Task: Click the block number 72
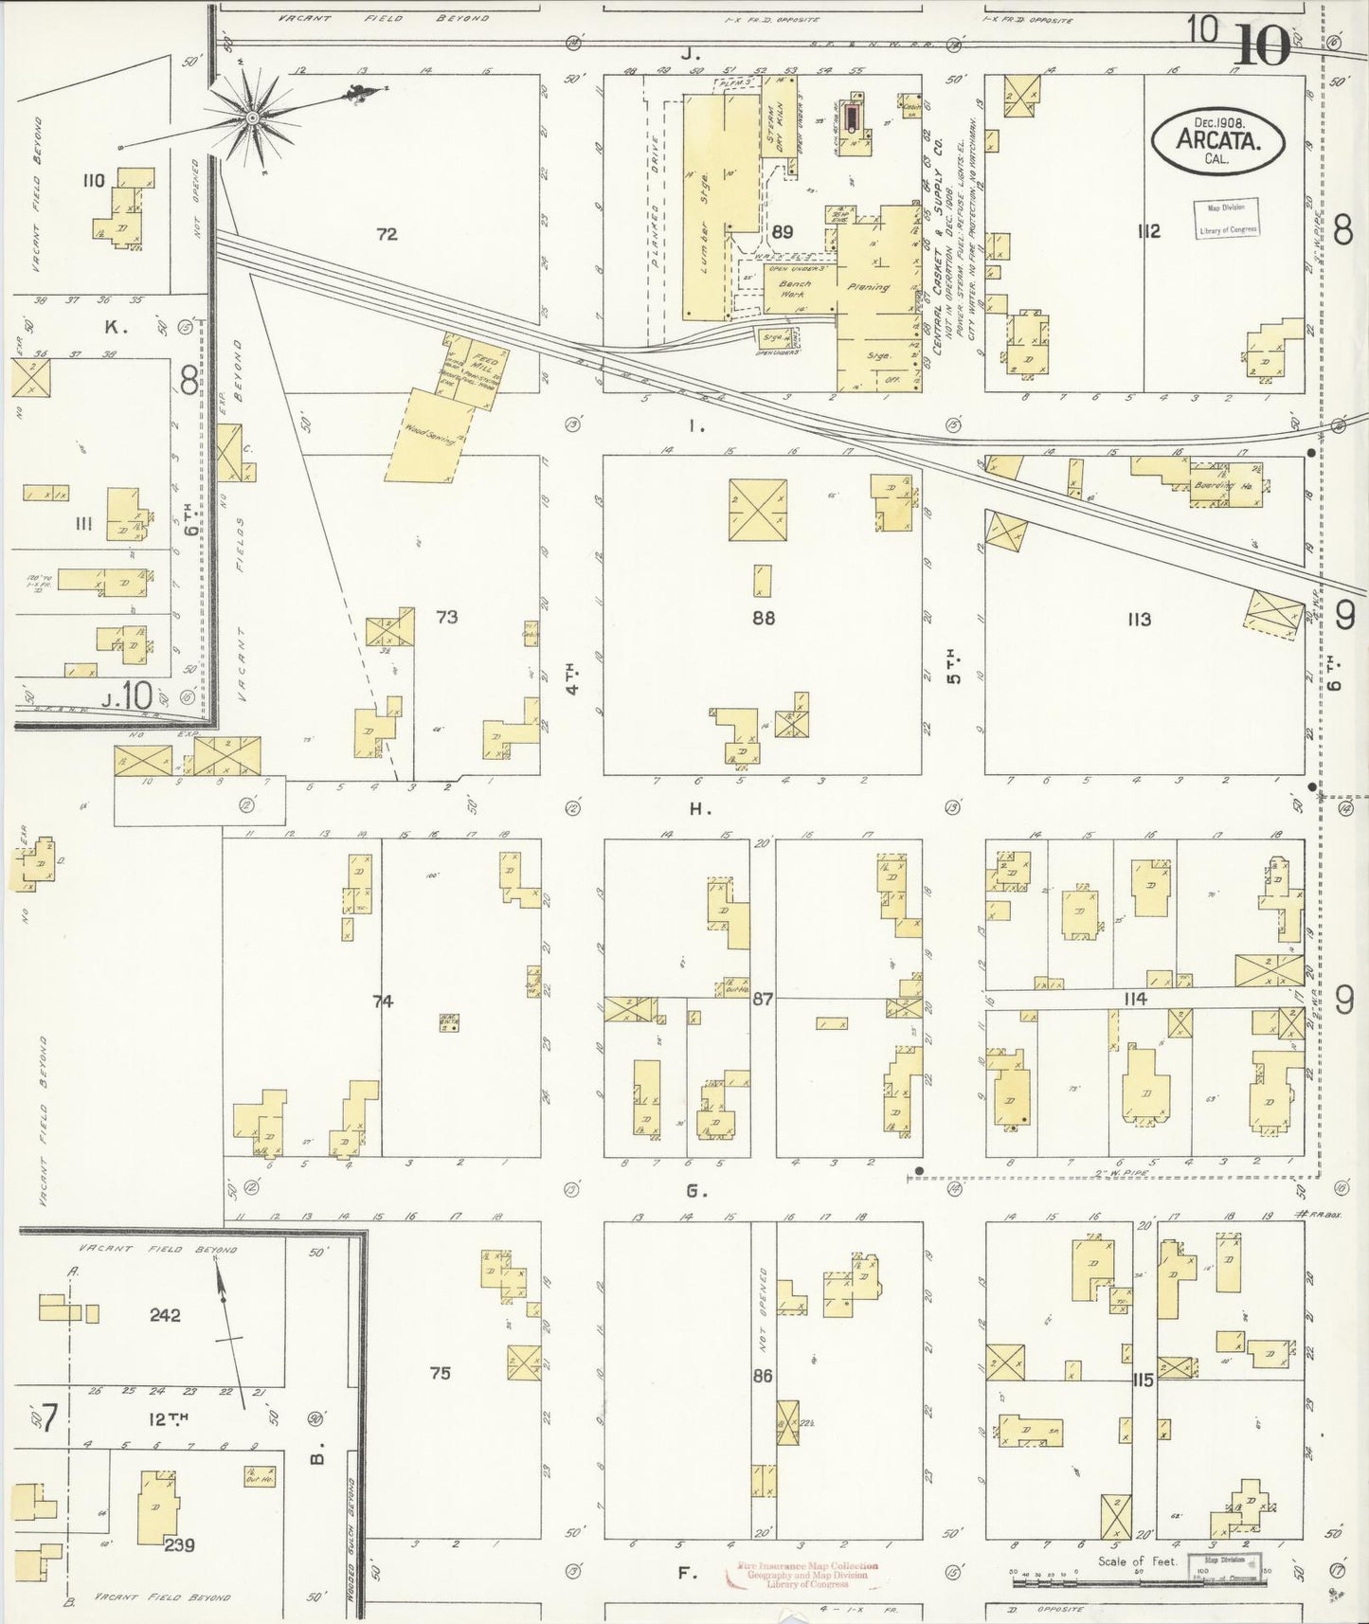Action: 387,234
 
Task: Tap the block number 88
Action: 764,618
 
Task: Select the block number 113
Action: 1139,620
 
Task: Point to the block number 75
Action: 441,1373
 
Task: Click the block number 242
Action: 165,1315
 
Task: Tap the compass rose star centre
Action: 252,117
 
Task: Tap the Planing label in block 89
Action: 869,287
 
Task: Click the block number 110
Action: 93,180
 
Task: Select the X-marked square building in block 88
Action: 758,510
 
